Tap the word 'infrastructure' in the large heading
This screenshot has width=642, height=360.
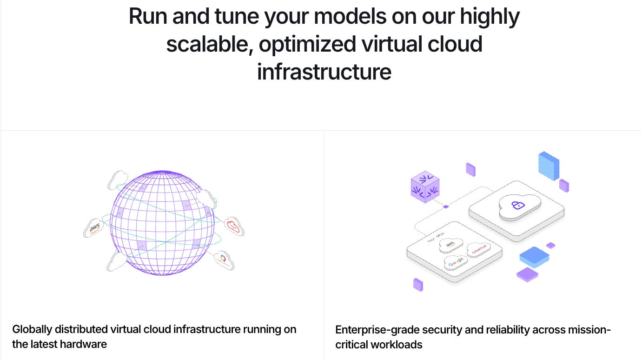[324, 73]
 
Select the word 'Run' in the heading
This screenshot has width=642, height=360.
[147, 17]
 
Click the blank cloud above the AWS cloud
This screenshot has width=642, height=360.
[118, 180]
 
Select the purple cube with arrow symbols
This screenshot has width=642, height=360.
[425, 187]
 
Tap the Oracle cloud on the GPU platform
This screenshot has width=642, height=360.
[479, 250]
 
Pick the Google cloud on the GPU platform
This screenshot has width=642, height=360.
[457, 262]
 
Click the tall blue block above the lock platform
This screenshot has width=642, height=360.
[549, 165]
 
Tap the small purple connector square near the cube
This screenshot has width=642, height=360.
[445, 207]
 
